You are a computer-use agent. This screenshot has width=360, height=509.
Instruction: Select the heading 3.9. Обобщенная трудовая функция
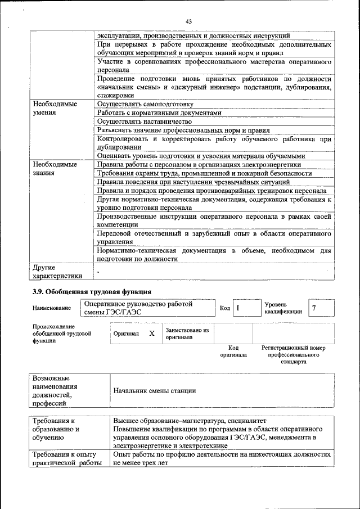point(92,291)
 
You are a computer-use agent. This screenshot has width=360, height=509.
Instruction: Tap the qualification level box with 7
point(322,308)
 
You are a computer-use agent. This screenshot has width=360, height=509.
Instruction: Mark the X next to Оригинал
point(152,334)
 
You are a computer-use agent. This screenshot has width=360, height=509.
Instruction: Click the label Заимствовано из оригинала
point(187,334)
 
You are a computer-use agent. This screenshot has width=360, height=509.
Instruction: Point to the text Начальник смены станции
point(154,390)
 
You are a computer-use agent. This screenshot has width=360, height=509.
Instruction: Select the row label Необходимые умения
point(55,109)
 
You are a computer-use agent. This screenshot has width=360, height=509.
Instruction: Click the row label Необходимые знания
point(55,169)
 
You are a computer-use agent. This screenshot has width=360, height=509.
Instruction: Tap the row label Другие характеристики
point(57,272)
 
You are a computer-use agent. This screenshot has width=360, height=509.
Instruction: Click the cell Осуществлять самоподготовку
point(145,105)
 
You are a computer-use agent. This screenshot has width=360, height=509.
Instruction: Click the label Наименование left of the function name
point(52,308)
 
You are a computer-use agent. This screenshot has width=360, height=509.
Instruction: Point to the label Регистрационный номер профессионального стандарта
point(294,355)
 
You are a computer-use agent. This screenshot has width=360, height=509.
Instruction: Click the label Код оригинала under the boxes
point(233,352)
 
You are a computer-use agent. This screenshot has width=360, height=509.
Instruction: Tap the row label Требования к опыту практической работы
point(64,458)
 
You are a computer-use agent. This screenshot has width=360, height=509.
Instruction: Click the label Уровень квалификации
point(283,308)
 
